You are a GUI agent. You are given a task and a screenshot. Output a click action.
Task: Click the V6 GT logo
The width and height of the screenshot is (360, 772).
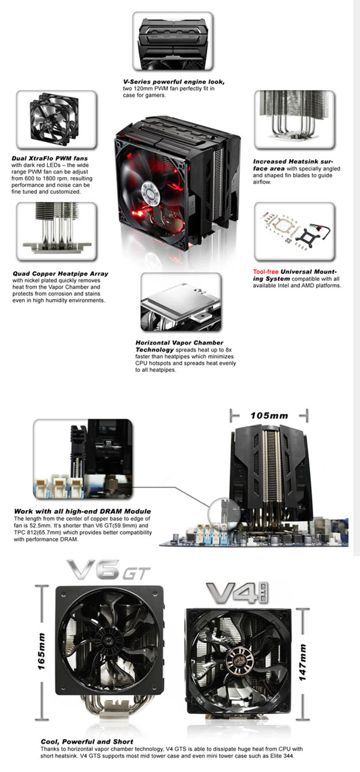pyautogui.click(x=110, y=571)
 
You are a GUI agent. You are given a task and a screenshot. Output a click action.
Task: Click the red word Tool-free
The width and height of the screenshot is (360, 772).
pyautogui.click(x=265, y=271)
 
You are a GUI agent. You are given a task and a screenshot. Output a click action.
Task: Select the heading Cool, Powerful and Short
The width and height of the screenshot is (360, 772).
pyautogui.click(x=87, y=741)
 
